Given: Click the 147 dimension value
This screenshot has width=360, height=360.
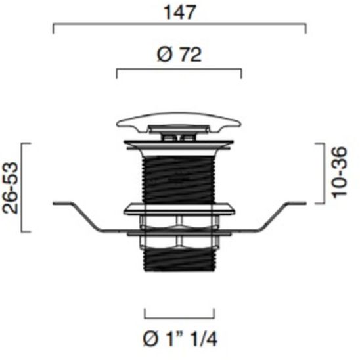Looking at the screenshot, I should click(x=179, y=12).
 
